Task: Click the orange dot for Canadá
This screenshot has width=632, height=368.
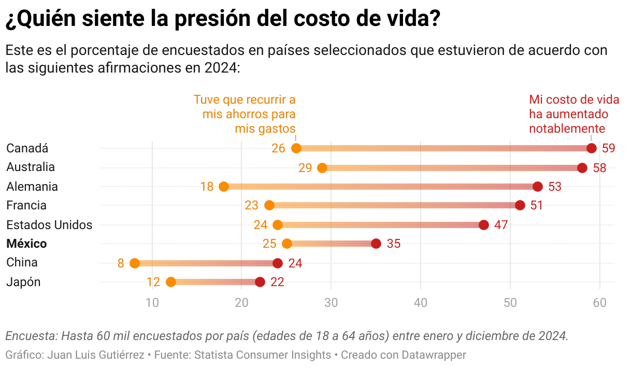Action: tap(296, 148)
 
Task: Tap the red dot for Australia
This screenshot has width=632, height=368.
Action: tap(582, 167)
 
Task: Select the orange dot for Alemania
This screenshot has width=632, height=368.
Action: tap(224, 187)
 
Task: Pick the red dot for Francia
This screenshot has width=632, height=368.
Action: tap(520, 205)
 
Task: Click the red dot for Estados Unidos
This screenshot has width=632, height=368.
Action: tap(484, 224)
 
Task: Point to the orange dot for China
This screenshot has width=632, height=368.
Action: tap(135, 263)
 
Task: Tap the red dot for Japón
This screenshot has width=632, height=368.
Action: tap(260, 282)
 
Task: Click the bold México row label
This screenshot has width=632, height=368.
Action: tap(26, 244)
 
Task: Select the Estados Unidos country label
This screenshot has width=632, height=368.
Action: tap(49, 224)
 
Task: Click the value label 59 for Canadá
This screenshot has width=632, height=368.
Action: tap(609, 148)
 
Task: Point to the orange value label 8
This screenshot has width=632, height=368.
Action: tap(121, 263)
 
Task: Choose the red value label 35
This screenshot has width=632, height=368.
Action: tap(394, 244)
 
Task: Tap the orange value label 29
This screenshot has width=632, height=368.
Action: tap(305, 167)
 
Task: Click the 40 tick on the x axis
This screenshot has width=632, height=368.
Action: tap(421, 302)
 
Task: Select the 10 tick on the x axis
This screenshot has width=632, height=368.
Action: tap(152, 302)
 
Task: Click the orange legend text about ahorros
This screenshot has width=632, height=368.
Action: tap(245, 114)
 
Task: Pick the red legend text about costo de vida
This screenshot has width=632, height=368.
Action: tap(569, 114)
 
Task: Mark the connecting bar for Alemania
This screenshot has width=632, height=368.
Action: tap(381, 187)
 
